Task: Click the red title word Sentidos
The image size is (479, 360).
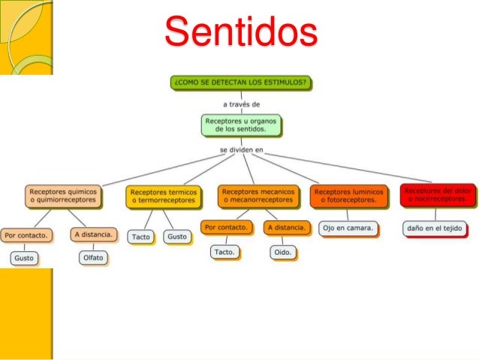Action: pos(241,32)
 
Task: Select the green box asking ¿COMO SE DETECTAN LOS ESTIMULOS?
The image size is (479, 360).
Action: pos(241,82)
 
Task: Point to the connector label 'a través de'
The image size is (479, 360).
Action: pos(241,104)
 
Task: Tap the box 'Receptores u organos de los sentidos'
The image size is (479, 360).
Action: pos(241,125)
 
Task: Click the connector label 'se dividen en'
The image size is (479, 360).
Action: pos(241,150)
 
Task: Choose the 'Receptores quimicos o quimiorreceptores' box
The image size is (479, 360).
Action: pos(62,196)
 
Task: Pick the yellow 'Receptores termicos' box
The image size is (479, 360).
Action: pos(163,196)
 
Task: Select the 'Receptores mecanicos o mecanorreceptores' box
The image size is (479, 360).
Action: pos(258,196)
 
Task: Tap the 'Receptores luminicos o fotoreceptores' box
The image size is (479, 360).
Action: pos(349,197)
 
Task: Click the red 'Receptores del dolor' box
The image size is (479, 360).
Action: pos(438,195)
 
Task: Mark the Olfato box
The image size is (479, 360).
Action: pos(94,258)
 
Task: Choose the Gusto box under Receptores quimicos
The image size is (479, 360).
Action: pos(24,258)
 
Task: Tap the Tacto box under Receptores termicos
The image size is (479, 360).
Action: pos(141,237)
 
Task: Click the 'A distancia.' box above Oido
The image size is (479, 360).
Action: pos(286,227)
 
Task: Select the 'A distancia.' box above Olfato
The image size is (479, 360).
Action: pos(94,235)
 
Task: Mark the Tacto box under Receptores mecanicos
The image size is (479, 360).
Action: pos(224,253)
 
